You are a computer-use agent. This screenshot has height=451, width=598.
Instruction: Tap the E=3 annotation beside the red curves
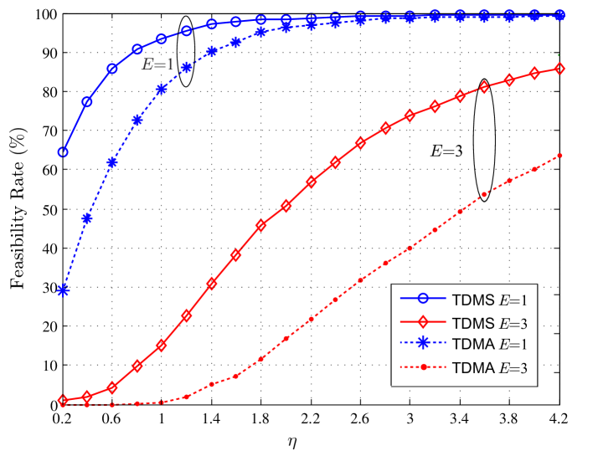447,151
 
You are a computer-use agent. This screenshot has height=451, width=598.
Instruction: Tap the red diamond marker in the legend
424,322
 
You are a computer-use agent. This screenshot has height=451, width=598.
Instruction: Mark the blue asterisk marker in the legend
424,344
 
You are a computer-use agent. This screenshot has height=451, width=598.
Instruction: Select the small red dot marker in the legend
424,366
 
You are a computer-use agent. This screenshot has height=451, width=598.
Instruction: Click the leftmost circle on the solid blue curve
63,153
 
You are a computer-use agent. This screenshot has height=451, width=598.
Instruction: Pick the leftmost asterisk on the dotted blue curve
63,291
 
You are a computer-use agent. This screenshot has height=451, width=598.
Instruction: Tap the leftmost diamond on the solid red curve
63,401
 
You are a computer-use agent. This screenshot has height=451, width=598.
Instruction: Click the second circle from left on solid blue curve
87,102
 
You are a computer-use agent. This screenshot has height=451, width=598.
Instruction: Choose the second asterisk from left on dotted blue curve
87,218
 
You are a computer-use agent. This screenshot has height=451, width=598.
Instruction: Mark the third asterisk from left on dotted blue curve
112,162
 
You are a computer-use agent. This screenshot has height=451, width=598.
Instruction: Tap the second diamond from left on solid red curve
87,397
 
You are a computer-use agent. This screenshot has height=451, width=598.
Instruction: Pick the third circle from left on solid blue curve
112,69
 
